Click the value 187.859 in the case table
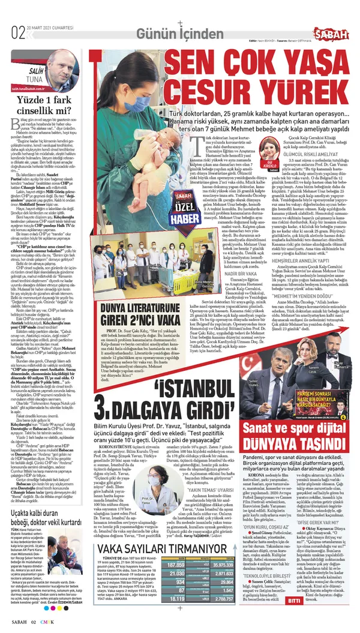coord(177,565)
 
